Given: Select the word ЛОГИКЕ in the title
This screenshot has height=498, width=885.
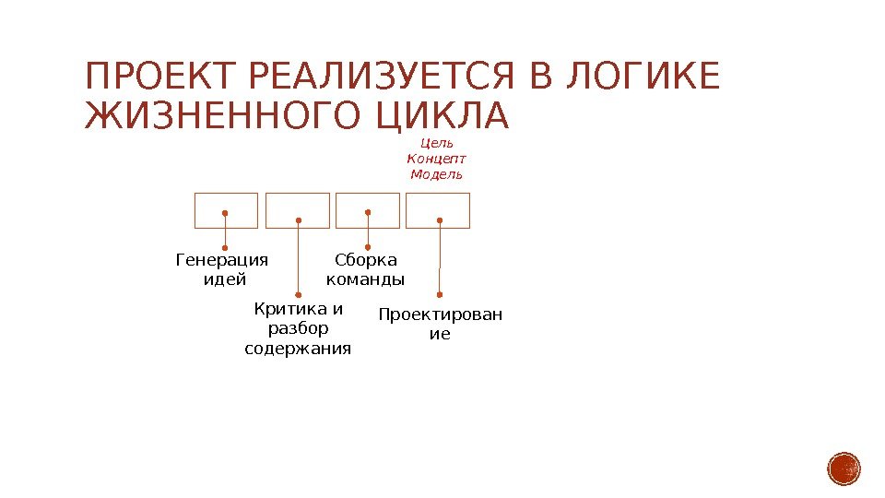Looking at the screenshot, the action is click(642, 77).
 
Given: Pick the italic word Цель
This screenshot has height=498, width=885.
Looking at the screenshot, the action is click(437, 143).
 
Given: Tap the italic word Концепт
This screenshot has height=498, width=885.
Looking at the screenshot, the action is click(437, 159).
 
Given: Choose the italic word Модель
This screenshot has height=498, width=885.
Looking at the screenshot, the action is click(437, 174).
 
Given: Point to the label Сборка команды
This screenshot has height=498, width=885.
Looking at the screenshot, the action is click(366, 270).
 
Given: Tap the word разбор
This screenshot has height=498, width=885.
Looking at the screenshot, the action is click(298, 329).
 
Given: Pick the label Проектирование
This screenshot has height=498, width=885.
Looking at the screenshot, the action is click(441, 325).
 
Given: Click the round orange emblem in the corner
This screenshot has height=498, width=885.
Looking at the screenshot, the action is click(844, 468).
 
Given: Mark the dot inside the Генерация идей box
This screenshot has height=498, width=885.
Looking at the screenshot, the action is click(226, 212).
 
